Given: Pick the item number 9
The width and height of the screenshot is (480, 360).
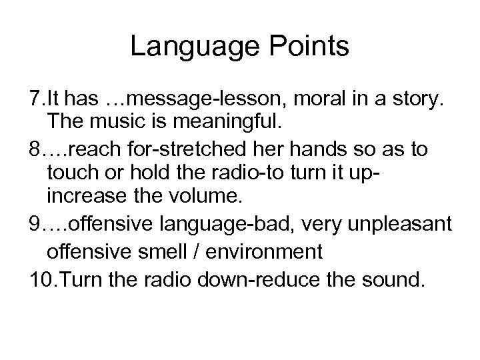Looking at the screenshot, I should (35, 229).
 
